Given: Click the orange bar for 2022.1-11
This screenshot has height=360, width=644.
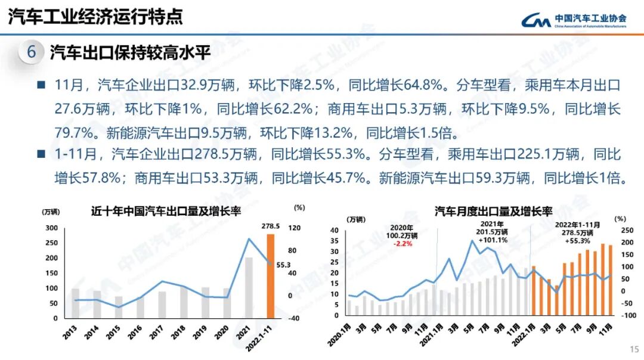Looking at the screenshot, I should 271,277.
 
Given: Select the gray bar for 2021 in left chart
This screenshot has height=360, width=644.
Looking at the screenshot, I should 249,288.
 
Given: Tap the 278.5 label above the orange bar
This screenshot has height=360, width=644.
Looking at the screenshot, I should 271,226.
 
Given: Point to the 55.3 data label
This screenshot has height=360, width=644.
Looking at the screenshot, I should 283,264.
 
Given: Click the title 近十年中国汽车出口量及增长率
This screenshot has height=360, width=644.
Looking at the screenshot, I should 166,211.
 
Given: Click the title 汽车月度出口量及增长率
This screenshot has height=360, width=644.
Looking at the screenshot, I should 493,211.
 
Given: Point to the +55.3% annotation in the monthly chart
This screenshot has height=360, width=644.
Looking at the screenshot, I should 578,241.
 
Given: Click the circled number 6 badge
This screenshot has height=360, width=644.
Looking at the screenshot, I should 32,52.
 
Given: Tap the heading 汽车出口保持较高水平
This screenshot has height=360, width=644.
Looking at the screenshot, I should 130,52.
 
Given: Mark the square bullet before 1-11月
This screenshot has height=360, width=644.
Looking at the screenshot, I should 41,153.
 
